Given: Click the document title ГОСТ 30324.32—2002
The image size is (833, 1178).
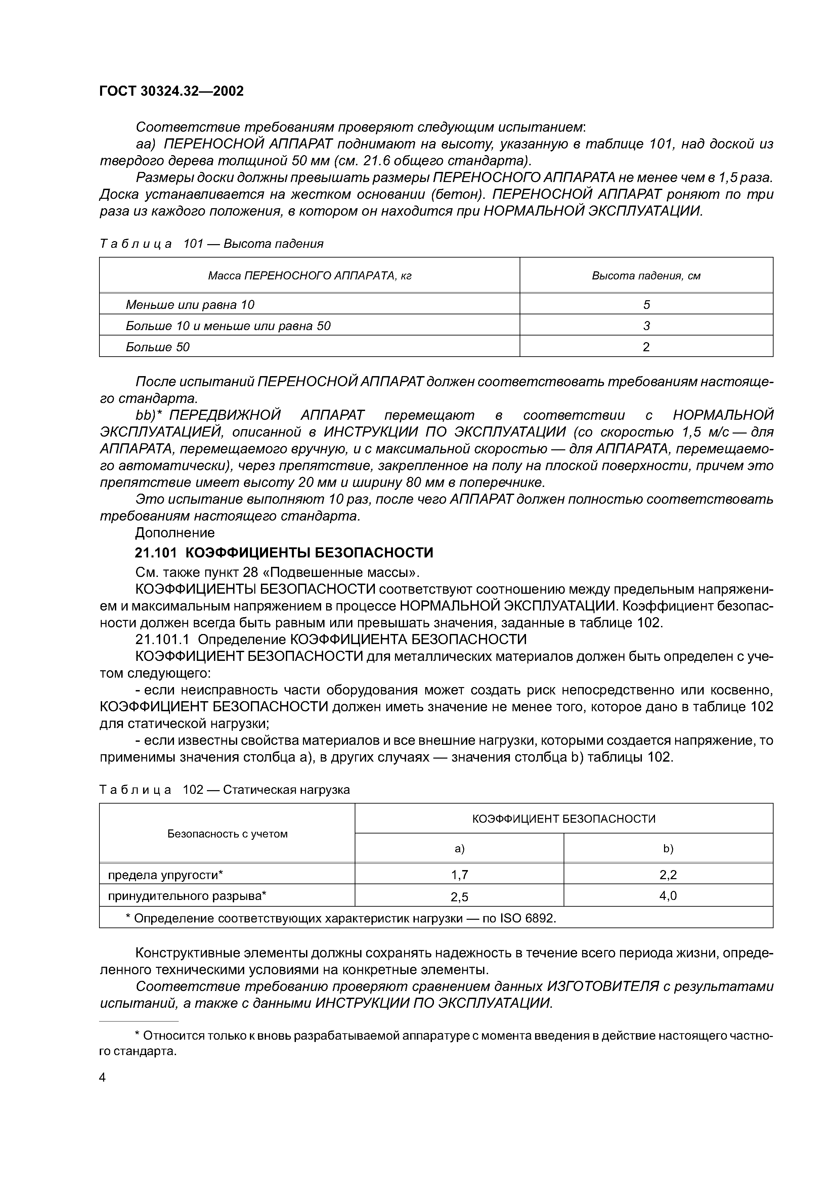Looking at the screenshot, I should (171, 91).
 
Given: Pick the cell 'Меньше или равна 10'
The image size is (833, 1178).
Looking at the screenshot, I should (190, 305).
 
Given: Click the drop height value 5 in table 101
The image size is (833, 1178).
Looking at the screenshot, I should (646, 305).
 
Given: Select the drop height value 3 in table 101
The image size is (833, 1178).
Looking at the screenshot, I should (646, 326).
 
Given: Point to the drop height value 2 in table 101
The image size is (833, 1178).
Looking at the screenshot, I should (646, 347).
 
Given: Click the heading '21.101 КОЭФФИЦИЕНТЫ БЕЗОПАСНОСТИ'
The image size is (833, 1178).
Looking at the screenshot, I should (284, 553).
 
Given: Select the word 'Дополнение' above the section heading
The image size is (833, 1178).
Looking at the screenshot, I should (175, 533).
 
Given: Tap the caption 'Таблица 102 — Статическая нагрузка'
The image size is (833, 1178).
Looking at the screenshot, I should (224, 789).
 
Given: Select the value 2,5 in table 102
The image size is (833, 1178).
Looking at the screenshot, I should (459, 897).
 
